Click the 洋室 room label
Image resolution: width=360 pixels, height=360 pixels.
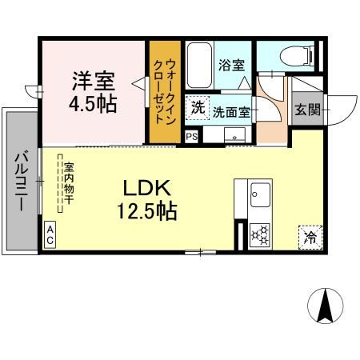point(95,81)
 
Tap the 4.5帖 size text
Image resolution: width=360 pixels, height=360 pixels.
point(95,104)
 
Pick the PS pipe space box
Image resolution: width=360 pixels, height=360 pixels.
point(191,136)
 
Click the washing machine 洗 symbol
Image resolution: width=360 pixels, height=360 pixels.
point(197,107)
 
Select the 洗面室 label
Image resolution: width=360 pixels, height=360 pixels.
point(232,112)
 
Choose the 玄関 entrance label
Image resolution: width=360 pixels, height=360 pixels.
point(307,110)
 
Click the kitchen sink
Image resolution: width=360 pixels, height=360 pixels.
point(261,194)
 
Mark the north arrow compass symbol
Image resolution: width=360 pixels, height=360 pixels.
point(326,306)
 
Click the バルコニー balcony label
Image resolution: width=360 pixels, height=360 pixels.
point(22,180)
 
